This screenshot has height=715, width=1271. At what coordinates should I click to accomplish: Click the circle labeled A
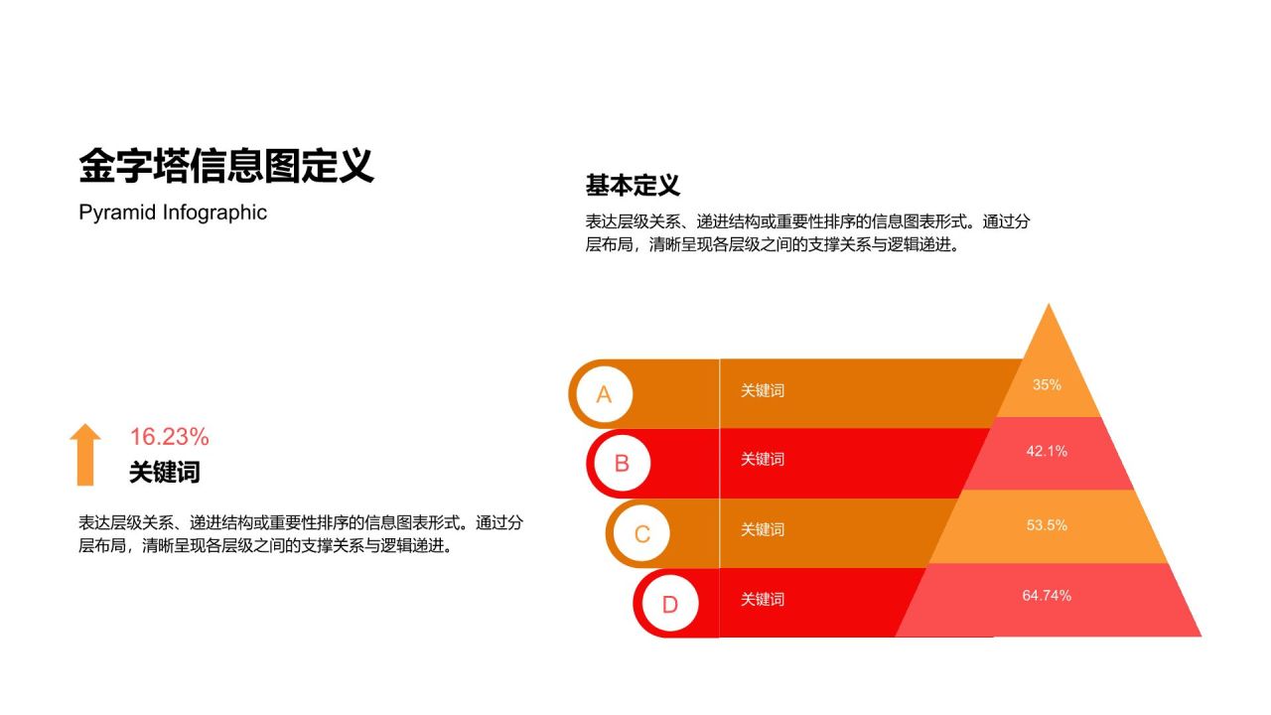[x=604, y=394]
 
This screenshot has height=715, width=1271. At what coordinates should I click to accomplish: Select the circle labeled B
[x=622, y=463]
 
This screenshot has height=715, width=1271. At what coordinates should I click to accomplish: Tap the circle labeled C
[x=641, y=533]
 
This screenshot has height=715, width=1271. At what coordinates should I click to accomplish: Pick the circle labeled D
[x=669, y=604]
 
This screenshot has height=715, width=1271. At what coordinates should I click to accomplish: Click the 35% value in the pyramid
[x=1047, y=384]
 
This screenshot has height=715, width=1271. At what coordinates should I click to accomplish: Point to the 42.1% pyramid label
[x=1047, y=451]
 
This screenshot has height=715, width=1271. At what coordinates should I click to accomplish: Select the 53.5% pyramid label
[x=1047, y=524]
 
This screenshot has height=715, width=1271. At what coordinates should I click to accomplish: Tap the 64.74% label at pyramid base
[x=1047, y=595]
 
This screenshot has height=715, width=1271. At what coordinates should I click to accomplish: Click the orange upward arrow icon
[x=85, y=454]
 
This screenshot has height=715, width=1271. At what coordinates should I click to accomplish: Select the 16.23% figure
[x=169, y=437]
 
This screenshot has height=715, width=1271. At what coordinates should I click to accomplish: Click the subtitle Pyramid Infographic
[x=173, y=213]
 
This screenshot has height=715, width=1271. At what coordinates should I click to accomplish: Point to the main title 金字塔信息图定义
[x=225, y=167]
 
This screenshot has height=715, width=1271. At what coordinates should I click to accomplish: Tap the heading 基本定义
[x=633, y=186]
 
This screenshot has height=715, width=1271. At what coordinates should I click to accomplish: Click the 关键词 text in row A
[x=763, y=390]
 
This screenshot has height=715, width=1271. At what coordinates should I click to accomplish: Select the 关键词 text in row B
[x=763, y=459]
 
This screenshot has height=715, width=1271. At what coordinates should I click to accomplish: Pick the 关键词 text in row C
[x=763, y=529]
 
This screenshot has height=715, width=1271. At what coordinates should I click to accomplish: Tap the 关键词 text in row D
[x=763, y=599]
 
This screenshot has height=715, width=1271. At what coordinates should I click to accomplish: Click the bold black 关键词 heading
[x=165, y=473]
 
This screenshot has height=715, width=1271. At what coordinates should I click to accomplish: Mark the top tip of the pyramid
[x=1049, y=305]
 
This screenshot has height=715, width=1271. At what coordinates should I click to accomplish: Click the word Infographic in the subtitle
[x=215, y=213]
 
